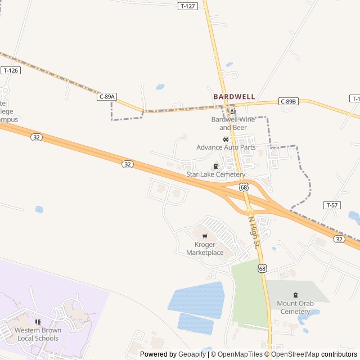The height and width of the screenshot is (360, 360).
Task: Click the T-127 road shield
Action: pos(188,6)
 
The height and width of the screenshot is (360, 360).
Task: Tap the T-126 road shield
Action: pos(11,70)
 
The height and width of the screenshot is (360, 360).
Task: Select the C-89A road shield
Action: pos(107,97)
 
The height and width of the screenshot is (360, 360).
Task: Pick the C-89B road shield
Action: pos(288,102)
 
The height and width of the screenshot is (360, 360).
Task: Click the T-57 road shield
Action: pos(332,205)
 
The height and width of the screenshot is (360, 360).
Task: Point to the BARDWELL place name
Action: pos(234,97)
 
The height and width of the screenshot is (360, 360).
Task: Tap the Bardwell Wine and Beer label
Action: pos(232,123)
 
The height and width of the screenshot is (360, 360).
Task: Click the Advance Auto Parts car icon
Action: pos(226,139)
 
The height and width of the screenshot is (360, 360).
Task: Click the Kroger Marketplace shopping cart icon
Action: pos(205,236)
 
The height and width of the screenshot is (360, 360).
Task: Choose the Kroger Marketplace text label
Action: pos(205,249)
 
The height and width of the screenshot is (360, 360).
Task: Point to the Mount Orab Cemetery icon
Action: pos(295,295)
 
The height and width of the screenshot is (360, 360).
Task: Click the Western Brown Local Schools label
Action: pos(37,334)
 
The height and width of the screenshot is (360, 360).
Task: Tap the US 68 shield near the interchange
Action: pos(243,187)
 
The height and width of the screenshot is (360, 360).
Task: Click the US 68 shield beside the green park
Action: pos(263,269)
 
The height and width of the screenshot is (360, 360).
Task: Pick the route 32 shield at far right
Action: pos(339,239)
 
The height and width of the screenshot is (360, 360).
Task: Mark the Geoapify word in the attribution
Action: pos(192,354)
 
